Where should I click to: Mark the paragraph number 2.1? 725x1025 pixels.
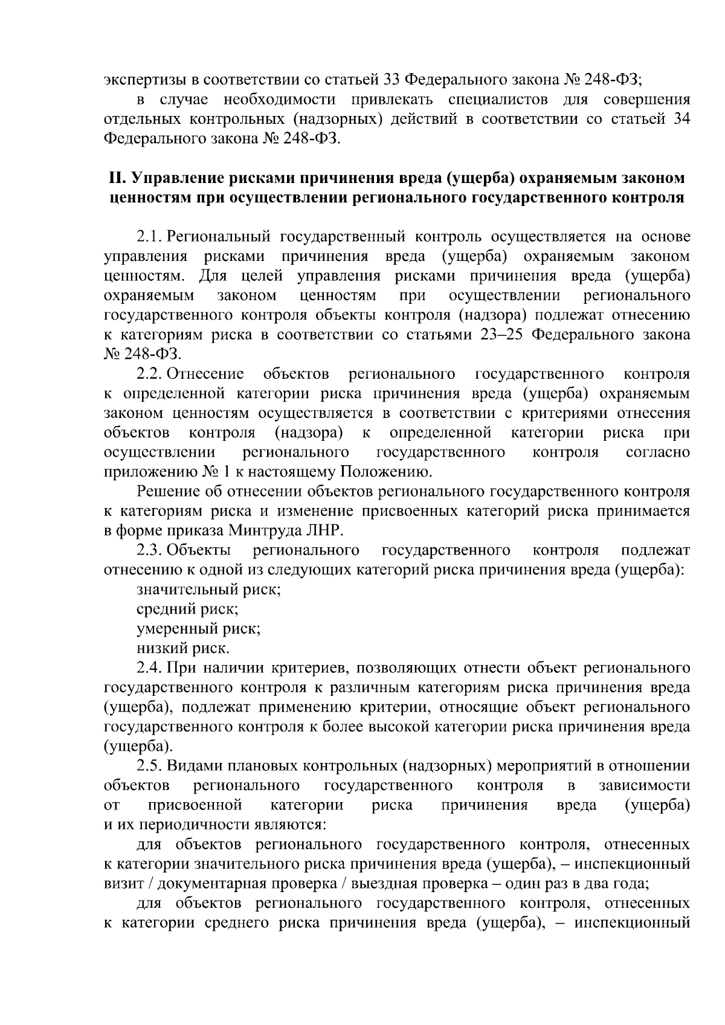149,237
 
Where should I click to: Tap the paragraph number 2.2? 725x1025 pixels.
149,374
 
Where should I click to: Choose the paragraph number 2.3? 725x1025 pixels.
149,550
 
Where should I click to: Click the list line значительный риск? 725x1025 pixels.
208,590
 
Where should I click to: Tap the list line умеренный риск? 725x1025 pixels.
199,629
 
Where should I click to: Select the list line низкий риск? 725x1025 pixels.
183,649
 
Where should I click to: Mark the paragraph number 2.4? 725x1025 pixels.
149,668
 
